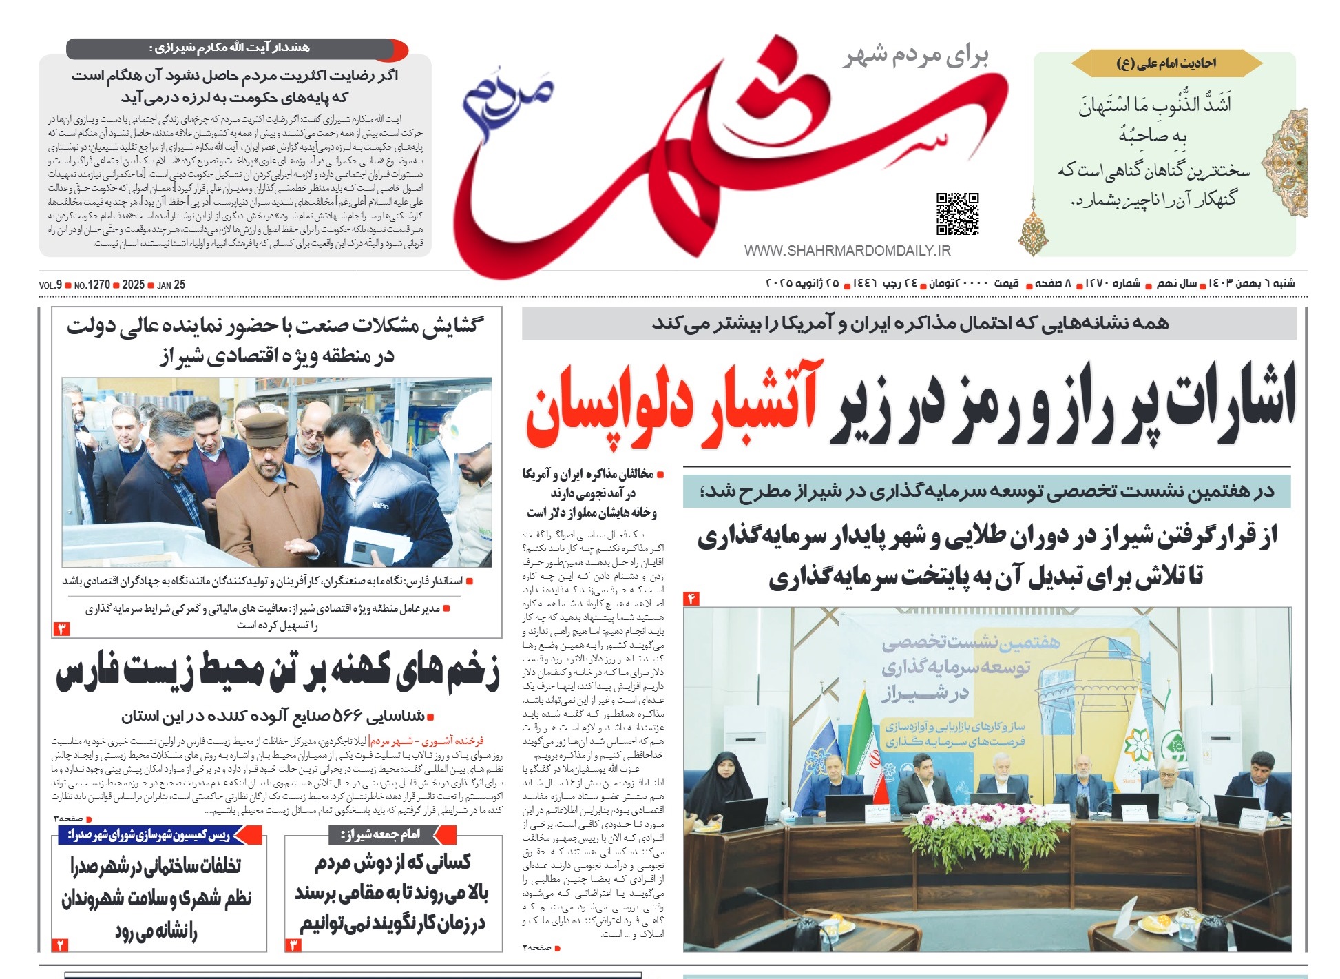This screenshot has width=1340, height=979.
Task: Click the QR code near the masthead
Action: point(957,214)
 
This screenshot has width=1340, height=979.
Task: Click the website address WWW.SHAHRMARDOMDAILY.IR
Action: point(847,251)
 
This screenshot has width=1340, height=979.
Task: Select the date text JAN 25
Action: point(171,285)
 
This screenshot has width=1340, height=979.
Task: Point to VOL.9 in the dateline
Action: point(50,285)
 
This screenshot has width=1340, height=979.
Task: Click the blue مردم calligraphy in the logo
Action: point(506,93)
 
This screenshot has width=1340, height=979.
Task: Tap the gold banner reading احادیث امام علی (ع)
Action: point(1166,63)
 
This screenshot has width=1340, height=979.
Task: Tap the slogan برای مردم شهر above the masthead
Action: point(916,56)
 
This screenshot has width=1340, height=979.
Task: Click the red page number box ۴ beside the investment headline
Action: point(691,598)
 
